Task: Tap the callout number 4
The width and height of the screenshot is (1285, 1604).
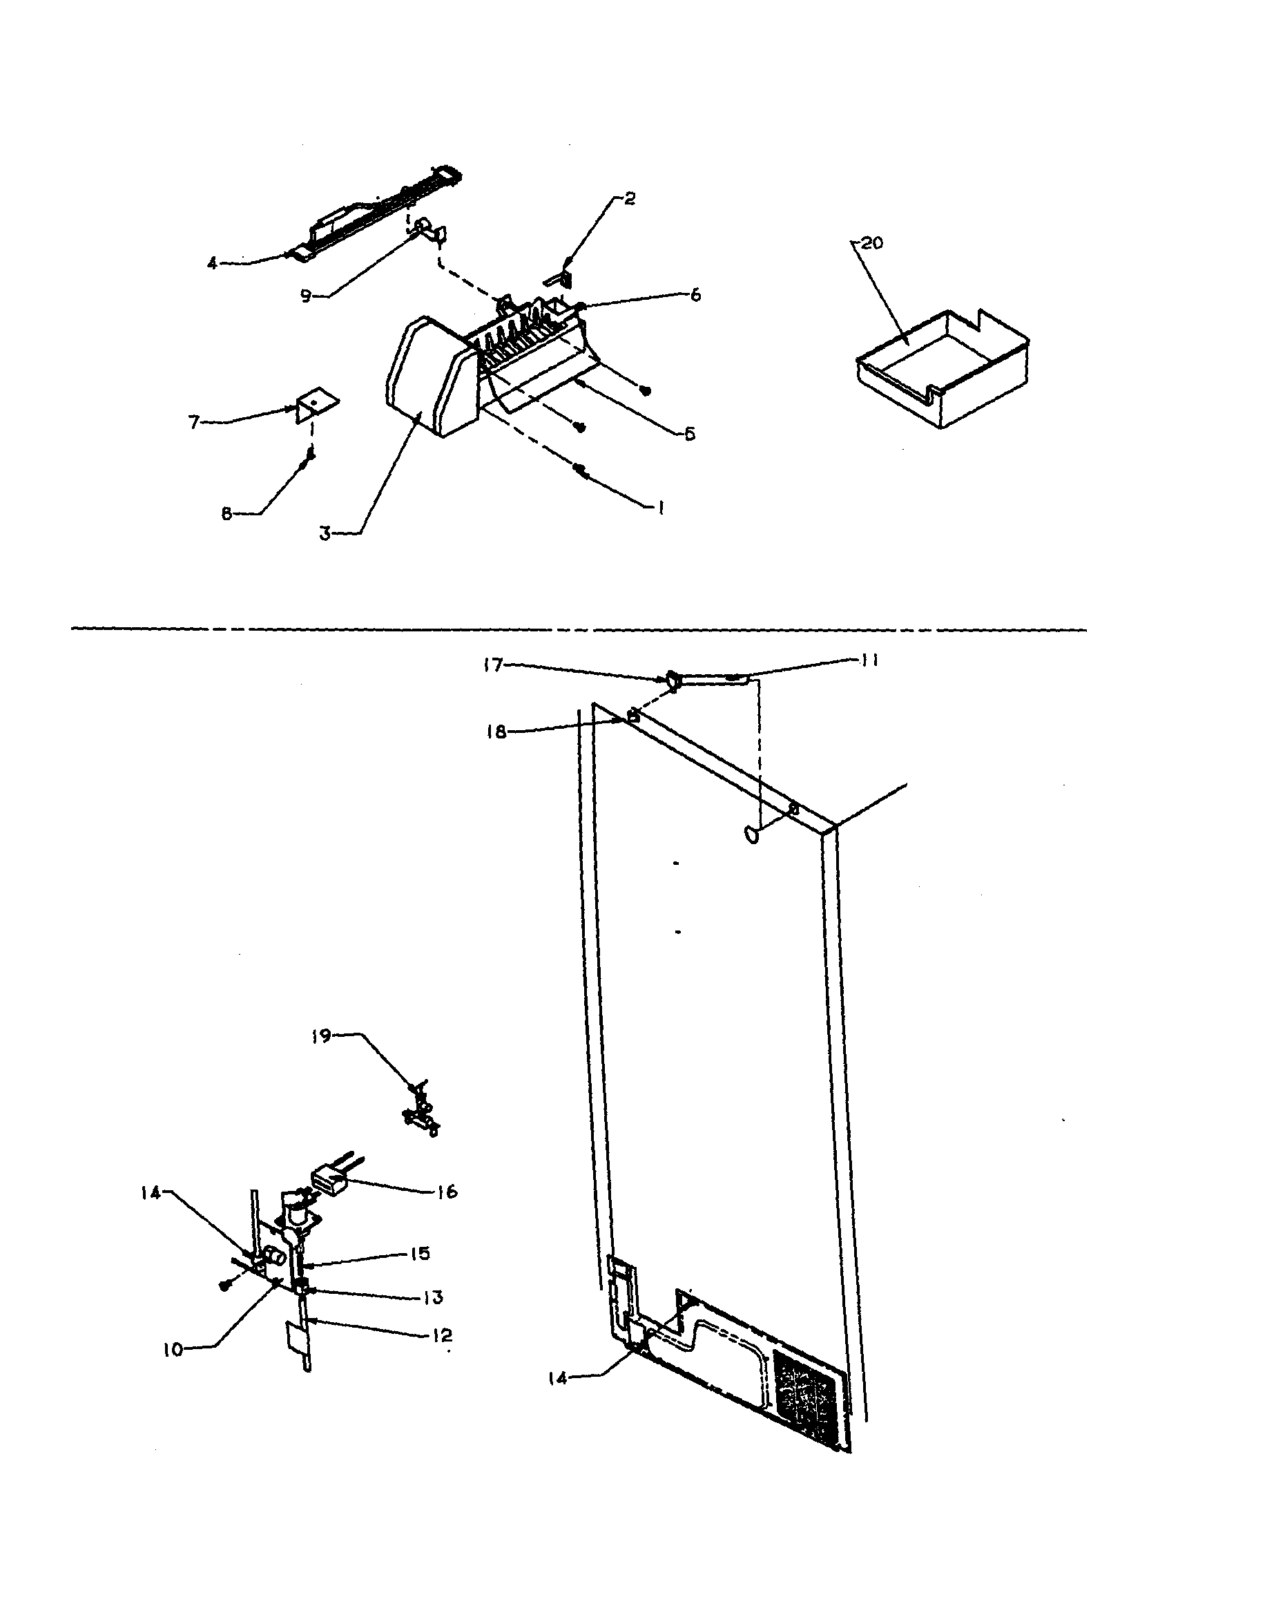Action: tap(213, 262)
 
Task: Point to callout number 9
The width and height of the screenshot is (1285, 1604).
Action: tap(306, 296)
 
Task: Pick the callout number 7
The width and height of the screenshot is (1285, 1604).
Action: tap(194, 423)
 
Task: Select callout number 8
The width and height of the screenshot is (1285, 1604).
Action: tap(226, 513)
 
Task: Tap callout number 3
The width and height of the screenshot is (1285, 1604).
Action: tap(325, 533)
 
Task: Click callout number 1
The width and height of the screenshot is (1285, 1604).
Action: tap(660, 508)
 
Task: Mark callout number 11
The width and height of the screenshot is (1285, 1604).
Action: tap(869, 660)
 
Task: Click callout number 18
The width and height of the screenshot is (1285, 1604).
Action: tap(496, 732)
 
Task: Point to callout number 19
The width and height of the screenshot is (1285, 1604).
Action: tap(321, 1036)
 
